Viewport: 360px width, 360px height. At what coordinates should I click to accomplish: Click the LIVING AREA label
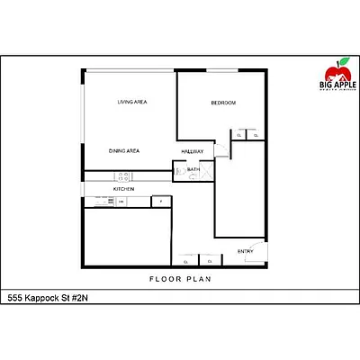click(132, 103)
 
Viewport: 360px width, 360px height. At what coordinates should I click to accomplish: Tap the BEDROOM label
click(223, 103)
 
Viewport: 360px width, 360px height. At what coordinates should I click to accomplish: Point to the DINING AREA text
click(124, 150)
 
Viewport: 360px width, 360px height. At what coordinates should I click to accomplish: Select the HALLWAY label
click(193, 151)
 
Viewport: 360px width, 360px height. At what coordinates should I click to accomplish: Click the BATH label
click(193, 169)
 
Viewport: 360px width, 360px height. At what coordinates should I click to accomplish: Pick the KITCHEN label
click(123, 189)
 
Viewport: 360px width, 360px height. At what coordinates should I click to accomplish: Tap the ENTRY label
click(245, 251)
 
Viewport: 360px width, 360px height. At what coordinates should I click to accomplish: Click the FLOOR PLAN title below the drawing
click(179, 280)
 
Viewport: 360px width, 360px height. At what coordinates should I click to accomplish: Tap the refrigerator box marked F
click(161, 202)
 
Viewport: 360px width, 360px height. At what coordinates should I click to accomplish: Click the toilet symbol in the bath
click(180, 168)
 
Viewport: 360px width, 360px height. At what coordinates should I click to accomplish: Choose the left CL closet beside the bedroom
click(240, 135)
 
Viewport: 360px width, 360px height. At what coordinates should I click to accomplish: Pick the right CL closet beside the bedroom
click(255, 135)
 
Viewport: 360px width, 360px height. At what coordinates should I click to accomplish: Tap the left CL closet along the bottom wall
click(185, 261)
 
